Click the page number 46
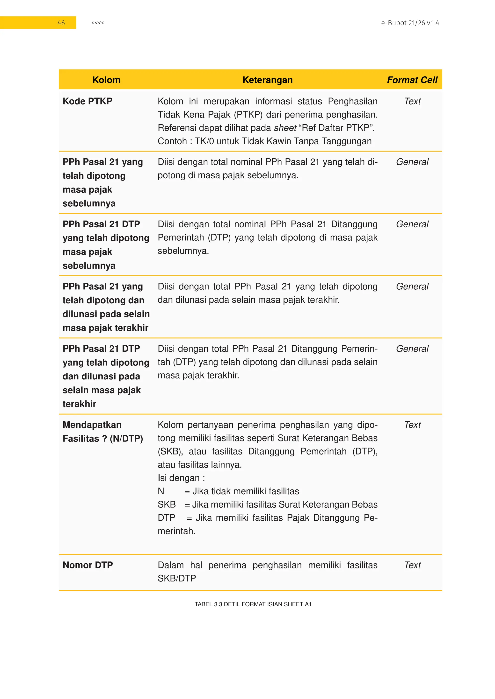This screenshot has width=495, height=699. tap(61, 23)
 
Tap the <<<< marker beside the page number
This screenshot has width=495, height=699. tap(98, 23)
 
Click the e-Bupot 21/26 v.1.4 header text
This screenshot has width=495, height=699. tap(410, 23)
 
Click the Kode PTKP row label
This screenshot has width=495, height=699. tap(87, 101)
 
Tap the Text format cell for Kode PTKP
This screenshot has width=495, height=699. tap(412, 101)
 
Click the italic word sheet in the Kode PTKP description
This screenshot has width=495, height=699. tap(285, 128)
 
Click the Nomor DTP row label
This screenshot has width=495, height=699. tap(88, 565)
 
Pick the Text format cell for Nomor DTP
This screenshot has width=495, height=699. tap(412, 565)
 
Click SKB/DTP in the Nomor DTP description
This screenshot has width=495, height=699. tap(177, 578)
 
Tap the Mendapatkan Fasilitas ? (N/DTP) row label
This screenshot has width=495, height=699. tap(103, 432)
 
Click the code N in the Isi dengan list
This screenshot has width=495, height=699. tap(161, 491)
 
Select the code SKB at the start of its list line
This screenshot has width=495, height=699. tap(167, 504)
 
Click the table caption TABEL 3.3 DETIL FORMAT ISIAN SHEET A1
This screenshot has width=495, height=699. tap(253, 604)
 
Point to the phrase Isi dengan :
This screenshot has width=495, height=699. tap(181, 478)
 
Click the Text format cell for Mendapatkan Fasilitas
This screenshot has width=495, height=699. tap(412, 425)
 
